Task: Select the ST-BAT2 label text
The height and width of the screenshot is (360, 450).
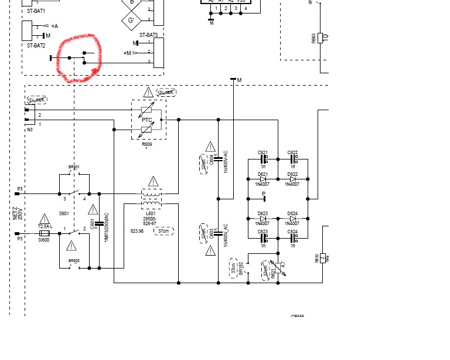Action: point(36,45)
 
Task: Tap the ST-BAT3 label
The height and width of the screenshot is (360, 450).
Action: point(148,36)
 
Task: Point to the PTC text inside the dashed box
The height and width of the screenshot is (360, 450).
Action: point(146,120)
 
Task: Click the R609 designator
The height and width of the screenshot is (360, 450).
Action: point(146,144)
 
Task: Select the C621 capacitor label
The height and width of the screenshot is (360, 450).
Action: point(262,153)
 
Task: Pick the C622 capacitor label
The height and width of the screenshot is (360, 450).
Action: point(292,153)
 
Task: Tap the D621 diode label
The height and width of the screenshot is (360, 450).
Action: point(262,175)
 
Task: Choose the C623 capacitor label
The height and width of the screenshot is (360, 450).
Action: point(262,232)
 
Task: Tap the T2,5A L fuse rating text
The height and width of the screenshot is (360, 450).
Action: point(45,226)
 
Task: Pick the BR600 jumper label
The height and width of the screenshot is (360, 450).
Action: point(74,260)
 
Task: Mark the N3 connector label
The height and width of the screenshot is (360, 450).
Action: point(30,130)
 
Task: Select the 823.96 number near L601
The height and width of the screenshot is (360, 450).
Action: point(137,231)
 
